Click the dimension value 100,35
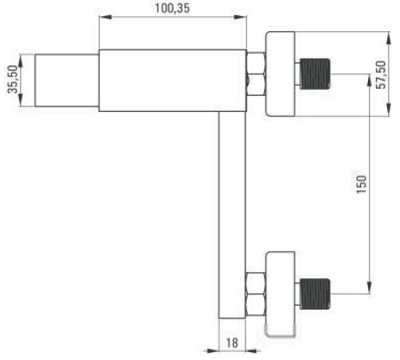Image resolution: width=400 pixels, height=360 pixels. [172, 8]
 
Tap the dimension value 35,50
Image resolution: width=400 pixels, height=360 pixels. [13, 79]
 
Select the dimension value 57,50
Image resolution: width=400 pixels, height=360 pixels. [381, 75]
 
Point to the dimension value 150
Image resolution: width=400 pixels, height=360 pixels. [362, 184]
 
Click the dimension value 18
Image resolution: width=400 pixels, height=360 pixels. [232, 343]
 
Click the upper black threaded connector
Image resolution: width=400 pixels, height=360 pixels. [315, 74]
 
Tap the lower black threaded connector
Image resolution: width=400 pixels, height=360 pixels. [315, 294]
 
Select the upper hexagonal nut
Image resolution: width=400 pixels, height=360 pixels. [256, 74]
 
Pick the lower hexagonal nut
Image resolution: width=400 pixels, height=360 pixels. [256, 294]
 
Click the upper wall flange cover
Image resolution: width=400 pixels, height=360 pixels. [280, 74]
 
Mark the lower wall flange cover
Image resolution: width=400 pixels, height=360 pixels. [280, 294]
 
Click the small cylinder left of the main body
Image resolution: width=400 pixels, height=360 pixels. [67, 80]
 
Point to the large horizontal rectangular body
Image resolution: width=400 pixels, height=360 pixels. [173, 80]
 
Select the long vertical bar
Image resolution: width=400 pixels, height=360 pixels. [232, 214]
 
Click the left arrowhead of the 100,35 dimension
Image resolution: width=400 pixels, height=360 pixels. [106, 17]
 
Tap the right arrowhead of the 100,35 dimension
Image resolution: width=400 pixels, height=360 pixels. [240, 17]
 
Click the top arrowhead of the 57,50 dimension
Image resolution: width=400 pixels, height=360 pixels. [389, 38]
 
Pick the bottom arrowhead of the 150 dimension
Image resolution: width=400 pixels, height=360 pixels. [370, 288]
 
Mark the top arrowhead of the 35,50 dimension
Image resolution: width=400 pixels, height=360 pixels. [21, 61]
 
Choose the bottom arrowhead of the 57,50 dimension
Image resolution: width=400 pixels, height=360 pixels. [389, 110]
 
